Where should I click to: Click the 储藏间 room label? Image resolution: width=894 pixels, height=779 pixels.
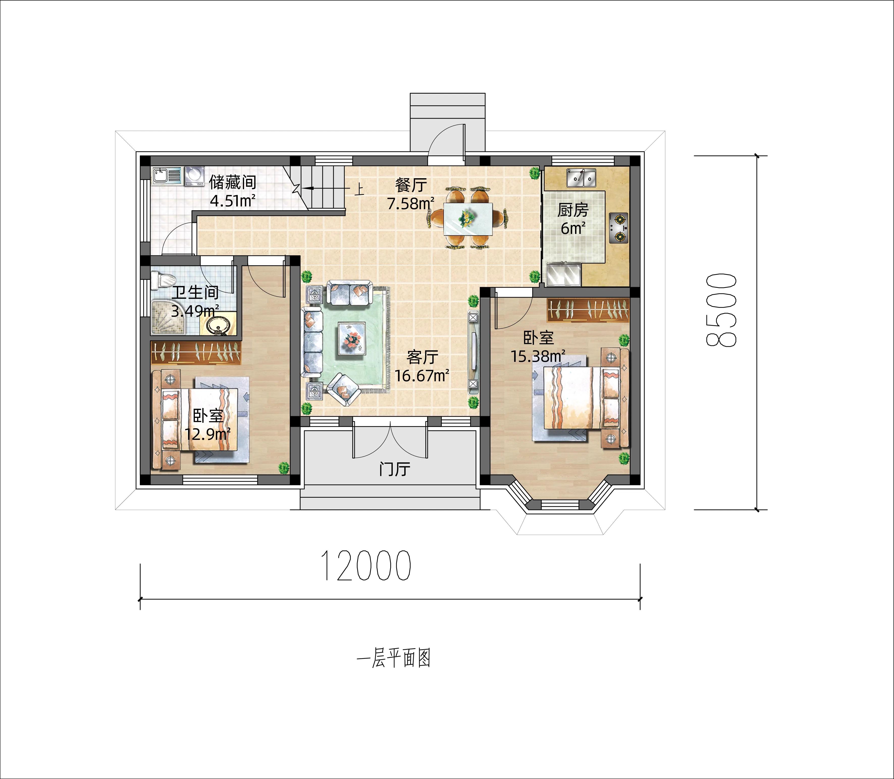click(233, 182)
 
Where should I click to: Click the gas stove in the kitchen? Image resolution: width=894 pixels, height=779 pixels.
click(619, 227)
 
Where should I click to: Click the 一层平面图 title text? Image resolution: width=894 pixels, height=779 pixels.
click(393, 659)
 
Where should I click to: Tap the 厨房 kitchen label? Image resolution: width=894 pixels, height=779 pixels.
click(573, 210)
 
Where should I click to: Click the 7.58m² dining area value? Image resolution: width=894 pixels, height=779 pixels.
click(410, 203)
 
